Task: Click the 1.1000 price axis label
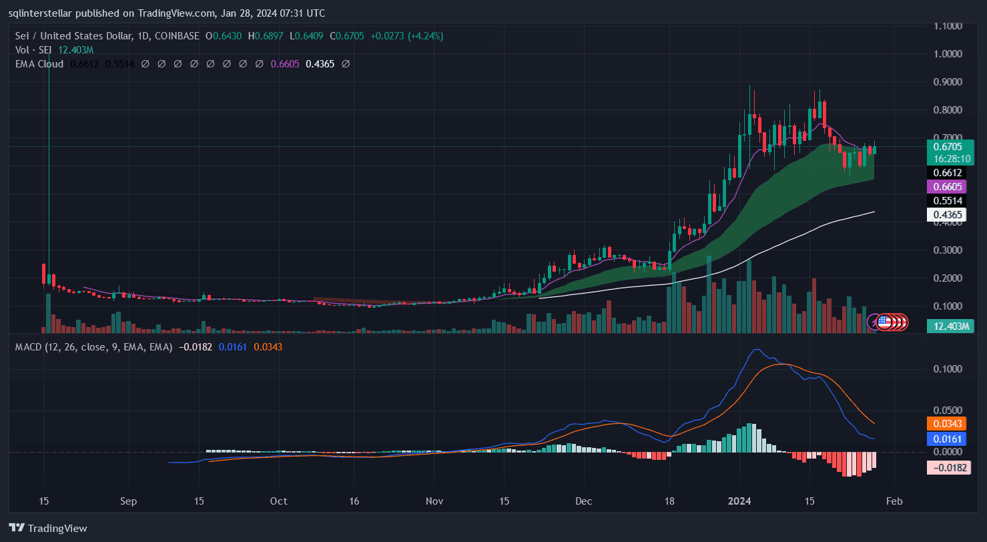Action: click(948, 25)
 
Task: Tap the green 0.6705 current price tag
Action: click(947, 146)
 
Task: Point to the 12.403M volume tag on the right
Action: click(946, 326)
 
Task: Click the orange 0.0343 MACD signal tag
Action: click(947, 423)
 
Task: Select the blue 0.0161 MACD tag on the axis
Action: click(947, 439)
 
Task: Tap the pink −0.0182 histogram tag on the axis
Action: click(947, 467)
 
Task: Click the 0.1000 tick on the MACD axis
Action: click(948, 368)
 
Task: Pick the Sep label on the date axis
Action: click(129, 501)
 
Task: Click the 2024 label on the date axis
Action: click(739, 501)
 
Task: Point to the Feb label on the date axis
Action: click(895, 501)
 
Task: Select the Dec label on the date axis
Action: click(584, 501)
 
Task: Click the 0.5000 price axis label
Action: click(948, 194)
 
